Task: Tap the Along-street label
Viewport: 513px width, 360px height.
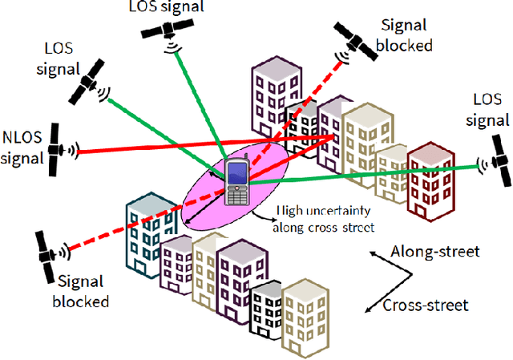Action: pyautogui.click(x=434, y=252)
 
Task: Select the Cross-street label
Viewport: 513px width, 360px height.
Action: pyautogui.click(x=425, y=305)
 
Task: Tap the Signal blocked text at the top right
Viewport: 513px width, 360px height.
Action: pyautogui.click(x=404, y=35)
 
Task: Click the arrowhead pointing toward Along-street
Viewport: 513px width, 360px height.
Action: pyautogui.click(x=374, y=255)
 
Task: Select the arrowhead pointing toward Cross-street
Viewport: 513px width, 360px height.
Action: pyautogui.click(x=368, y=308)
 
